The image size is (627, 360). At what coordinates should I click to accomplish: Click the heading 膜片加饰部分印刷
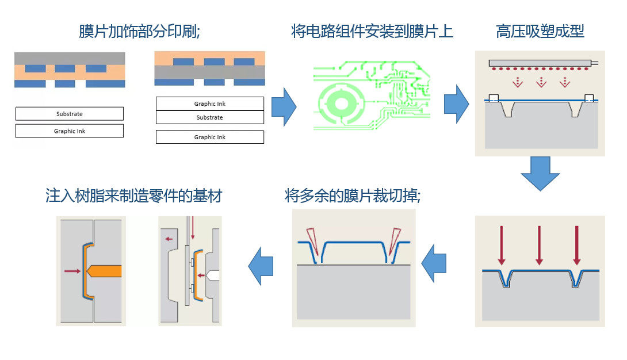click(x=139, y=31)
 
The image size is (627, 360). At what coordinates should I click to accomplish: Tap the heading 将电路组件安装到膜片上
click(x=372, y=31)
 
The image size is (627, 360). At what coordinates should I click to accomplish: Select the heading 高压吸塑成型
click(x=540, y=31)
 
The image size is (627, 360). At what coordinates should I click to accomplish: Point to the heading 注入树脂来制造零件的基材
click(x=133, y=196)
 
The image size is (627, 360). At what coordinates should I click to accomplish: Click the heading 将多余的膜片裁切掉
click(x=352, y=196)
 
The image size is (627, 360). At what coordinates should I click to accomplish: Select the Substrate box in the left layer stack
click(x=69, y=114)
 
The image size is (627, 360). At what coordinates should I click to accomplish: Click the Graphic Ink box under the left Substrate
click(x=69, y=131)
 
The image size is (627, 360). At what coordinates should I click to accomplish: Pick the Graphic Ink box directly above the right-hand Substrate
click(x=209, y=104)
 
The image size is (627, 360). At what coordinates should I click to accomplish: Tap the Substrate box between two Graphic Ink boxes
click(x=209, y=117)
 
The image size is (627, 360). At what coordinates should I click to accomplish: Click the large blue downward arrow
click(x=540, y=173)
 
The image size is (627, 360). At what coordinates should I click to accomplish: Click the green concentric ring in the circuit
click(x=342, y=104)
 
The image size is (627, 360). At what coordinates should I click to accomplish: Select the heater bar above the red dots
click(x=540, y=62)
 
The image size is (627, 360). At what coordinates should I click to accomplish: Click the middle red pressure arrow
click(x=539, y=245)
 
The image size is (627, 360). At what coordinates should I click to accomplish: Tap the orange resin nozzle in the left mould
click(x=104, y=270)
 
